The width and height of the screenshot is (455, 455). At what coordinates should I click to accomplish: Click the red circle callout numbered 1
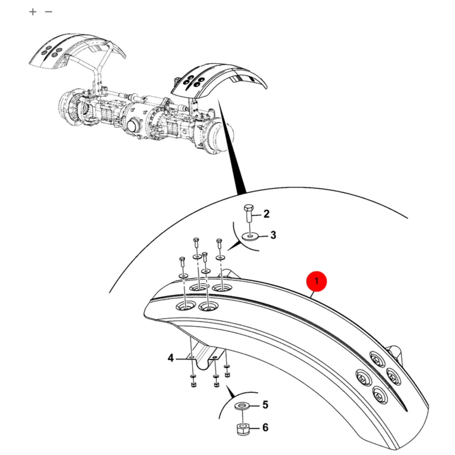click(x=316, y=281)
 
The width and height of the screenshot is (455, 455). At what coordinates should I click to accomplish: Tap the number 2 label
click(x=266, y=214)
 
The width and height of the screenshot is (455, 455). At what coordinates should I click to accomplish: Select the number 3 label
click(x=273, y=235)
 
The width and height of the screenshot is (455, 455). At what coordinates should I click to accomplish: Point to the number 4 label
click(x=170, y=358)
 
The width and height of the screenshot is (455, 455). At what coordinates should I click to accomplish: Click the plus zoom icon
click(x=33, y=12)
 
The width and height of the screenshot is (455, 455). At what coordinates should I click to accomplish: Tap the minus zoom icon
click(x=48, y=11)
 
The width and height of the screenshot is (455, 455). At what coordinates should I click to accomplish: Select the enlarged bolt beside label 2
click(x=249, y=213)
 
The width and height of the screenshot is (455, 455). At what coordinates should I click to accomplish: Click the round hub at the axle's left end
click(x=68, y=106)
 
